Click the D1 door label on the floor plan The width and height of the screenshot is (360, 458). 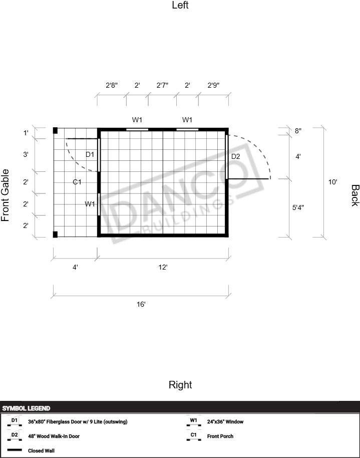90,154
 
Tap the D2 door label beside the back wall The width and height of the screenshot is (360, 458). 235,156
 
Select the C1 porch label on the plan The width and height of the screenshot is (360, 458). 77,182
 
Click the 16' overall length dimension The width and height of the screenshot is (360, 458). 141,304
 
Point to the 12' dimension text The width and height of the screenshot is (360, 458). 163,267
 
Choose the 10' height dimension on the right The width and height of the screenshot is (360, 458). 332,182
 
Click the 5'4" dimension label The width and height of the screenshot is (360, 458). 298,207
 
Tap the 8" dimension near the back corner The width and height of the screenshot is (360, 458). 298,131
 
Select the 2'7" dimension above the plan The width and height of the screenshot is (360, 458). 162,85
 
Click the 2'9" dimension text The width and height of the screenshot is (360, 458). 213,85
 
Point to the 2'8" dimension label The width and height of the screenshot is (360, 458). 112,85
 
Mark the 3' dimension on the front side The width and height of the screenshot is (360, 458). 26,154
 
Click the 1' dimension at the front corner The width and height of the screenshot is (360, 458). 26,133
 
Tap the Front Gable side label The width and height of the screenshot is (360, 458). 5,195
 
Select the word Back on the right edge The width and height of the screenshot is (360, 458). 354,195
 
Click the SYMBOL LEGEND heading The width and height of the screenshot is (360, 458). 26,408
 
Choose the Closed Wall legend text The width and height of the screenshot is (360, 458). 41,450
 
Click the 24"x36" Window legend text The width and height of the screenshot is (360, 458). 225,421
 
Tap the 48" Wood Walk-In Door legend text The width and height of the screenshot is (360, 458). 54,436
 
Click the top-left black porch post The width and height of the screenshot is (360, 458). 55,131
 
